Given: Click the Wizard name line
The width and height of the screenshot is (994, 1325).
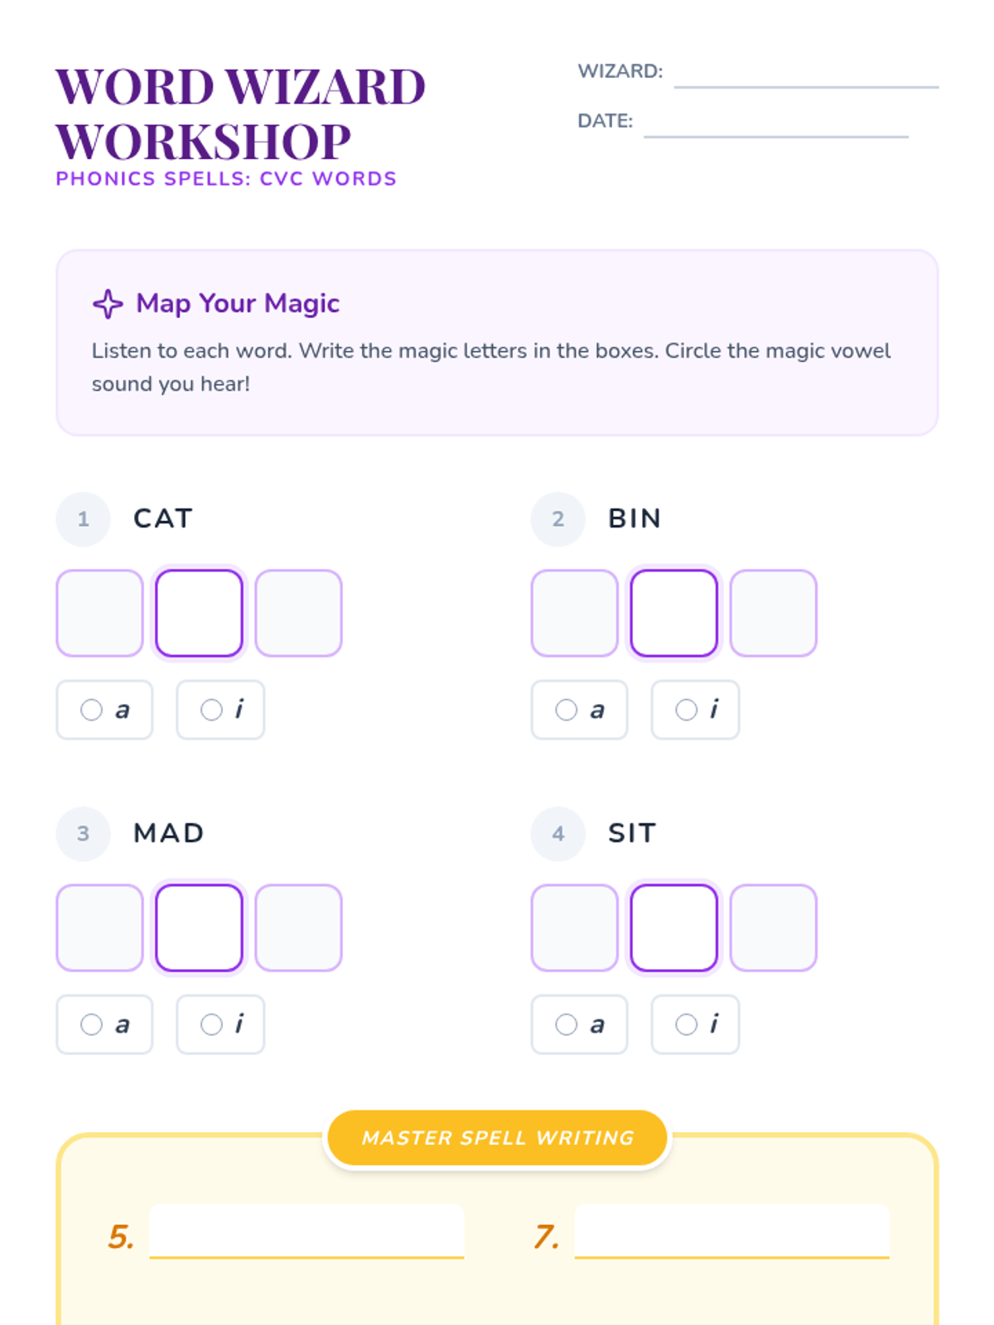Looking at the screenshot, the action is (806, 87).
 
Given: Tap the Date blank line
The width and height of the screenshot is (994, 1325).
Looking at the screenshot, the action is (775, 137).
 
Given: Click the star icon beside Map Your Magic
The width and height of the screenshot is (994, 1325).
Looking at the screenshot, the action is (108, 304).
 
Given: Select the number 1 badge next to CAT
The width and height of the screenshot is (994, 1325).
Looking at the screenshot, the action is (84, 518).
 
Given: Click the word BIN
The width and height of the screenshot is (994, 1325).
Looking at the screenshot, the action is (635, 518).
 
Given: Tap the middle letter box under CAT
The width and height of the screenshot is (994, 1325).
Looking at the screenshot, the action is (199, 613).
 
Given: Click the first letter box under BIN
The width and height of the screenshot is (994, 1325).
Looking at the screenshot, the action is (575, 613).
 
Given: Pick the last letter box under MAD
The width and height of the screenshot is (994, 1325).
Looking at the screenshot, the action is (299, 927).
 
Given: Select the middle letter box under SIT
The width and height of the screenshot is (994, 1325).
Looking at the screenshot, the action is (674, 927).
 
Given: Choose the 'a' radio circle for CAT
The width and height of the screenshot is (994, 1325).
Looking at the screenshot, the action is (91, 710).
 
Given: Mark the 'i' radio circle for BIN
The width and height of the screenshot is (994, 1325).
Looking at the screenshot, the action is (686, 710).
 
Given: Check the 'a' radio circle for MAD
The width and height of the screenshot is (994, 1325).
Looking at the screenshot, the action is (91, 1024).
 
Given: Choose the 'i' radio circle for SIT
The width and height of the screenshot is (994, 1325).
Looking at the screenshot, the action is (686, 1024).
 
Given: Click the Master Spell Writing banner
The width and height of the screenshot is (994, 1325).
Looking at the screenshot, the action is (497, 1138).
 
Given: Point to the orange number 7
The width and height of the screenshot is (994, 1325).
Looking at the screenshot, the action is (546, 1236).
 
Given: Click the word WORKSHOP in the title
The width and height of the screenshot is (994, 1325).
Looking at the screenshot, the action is (204, 142).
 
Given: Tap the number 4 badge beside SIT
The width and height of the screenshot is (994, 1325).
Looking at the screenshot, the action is (558, 834).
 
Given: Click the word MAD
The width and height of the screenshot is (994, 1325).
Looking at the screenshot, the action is (168, 834).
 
